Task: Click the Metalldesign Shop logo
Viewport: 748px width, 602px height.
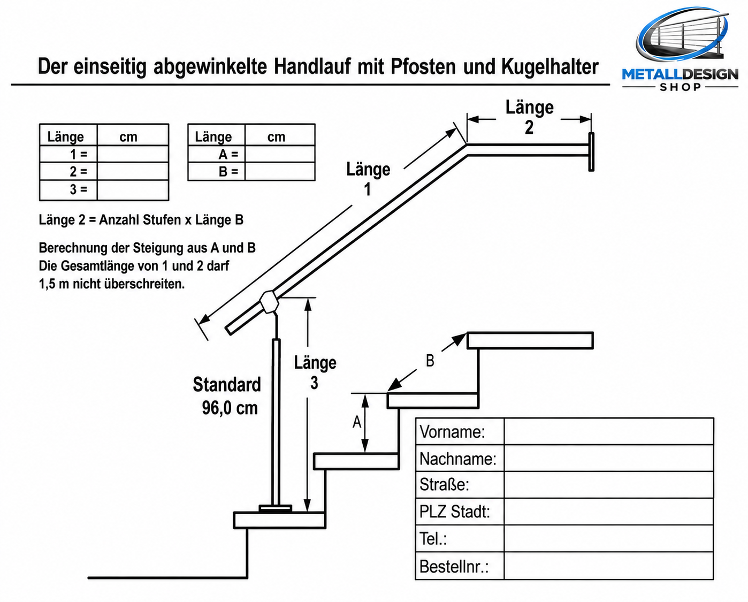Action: tap(680, 49)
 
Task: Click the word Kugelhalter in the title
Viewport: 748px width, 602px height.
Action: tap(550, 66)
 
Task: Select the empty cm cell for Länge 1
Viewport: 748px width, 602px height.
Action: tap(133, 154)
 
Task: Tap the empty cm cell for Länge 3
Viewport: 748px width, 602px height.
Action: tap(133, 190)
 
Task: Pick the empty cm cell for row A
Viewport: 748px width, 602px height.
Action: tap(280, 154)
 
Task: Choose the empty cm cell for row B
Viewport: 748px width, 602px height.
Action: tap(280, 171)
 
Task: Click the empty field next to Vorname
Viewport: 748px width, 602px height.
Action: tap(608, 431)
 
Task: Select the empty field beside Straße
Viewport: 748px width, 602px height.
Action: tap(608, 484)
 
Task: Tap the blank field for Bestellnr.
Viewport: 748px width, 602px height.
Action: tap(608, 566)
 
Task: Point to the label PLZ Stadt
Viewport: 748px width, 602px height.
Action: tap(455, 511)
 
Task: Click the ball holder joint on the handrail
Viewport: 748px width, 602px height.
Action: tap(269, 302)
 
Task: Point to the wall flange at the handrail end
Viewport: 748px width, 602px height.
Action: tap(591, 152)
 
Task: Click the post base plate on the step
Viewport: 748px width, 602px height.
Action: tap(276, 508)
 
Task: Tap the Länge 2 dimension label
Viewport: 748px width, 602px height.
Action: tap(529, 117)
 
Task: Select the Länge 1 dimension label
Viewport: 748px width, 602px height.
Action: tap(368, 179)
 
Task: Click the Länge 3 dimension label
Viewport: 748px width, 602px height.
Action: tap(315, 372)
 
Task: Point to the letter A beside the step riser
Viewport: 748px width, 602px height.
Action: tap(357, 422)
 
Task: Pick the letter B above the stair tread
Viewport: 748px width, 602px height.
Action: tap(430, 361)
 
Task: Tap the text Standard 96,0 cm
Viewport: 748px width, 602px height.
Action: tap(227, 396)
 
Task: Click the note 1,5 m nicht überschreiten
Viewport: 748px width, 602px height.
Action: tap(112, 284)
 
